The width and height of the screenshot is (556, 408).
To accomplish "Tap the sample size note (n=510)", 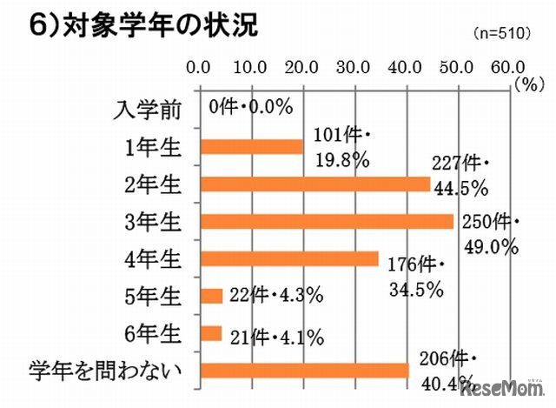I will [502, 34].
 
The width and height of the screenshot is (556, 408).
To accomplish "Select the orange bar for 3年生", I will [327, 222].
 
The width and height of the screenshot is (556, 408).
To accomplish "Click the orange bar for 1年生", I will [251, 147].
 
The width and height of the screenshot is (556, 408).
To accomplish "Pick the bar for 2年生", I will [314, 184].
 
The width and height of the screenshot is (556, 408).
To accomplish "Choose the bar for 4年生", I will [289, 259].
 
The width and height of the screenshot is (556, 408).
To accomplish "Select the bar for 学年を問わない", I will [304, 371].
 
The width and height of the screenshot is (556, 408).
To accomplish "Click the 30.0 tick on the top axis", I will [354, 66].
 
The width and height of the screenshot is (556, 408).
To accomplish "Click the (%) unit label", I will [526, 84].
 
